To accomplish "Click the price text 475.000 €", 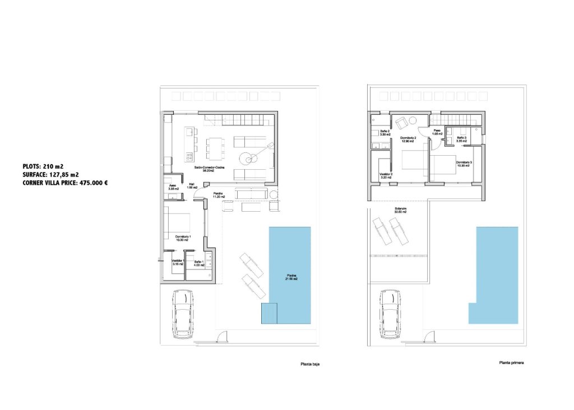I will [90, 182].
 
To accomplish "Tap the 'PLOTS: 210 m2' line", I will [43, 166].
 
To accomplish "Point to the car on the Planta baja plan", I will [183, 314].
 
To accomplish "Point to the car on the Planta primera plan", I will [389, 314].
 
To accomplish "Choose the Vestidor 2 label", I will [386, 175].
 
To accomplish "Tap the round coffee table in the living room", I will [247, 157].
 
